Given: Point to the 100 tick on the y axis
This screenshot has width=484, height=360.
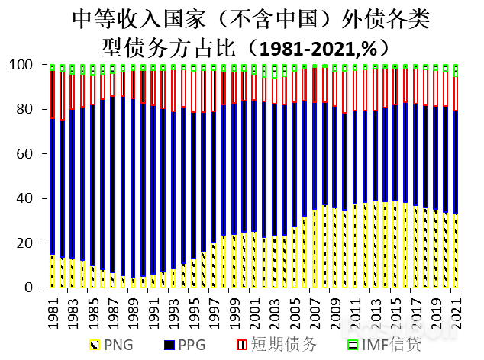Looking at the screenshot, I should pyautogui.click(x=27, y=65).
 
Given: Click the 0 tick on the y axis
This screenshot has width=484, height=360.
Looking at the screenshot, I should pyautogui.click(x=33, y=288).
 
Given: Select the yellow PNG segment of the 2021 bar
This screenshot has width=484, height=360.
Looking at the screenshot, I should pyautogui.click(x=455, y=251).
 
